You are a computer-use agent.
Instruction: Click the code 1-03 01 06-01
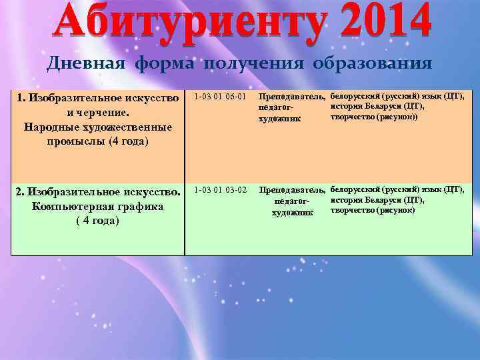220,98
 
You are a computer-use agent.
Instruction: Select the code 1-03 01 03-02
220,191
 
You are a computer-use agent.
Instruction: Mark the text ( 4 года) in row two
97,220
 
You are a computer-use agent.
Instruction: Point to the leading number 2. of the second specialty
20,192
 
